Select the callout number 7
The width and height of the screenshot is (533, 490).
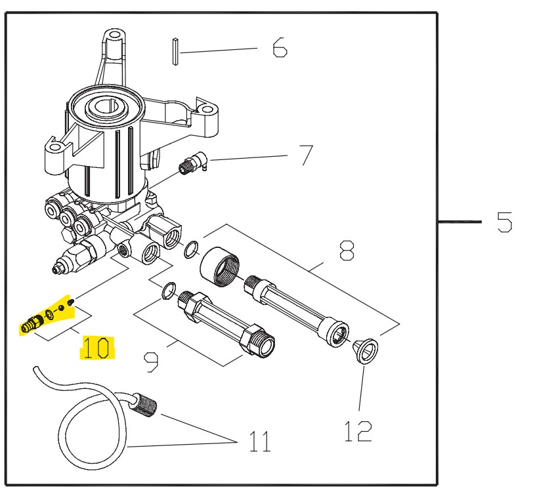pos(306,155)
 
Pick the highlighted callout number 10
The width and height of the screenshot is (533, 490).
pos(97,348)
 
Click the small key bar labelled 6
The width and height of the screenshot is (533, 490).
pos(176,52)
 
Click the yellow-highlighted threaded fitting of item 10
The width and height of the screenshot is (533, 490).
pos(32,323)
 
